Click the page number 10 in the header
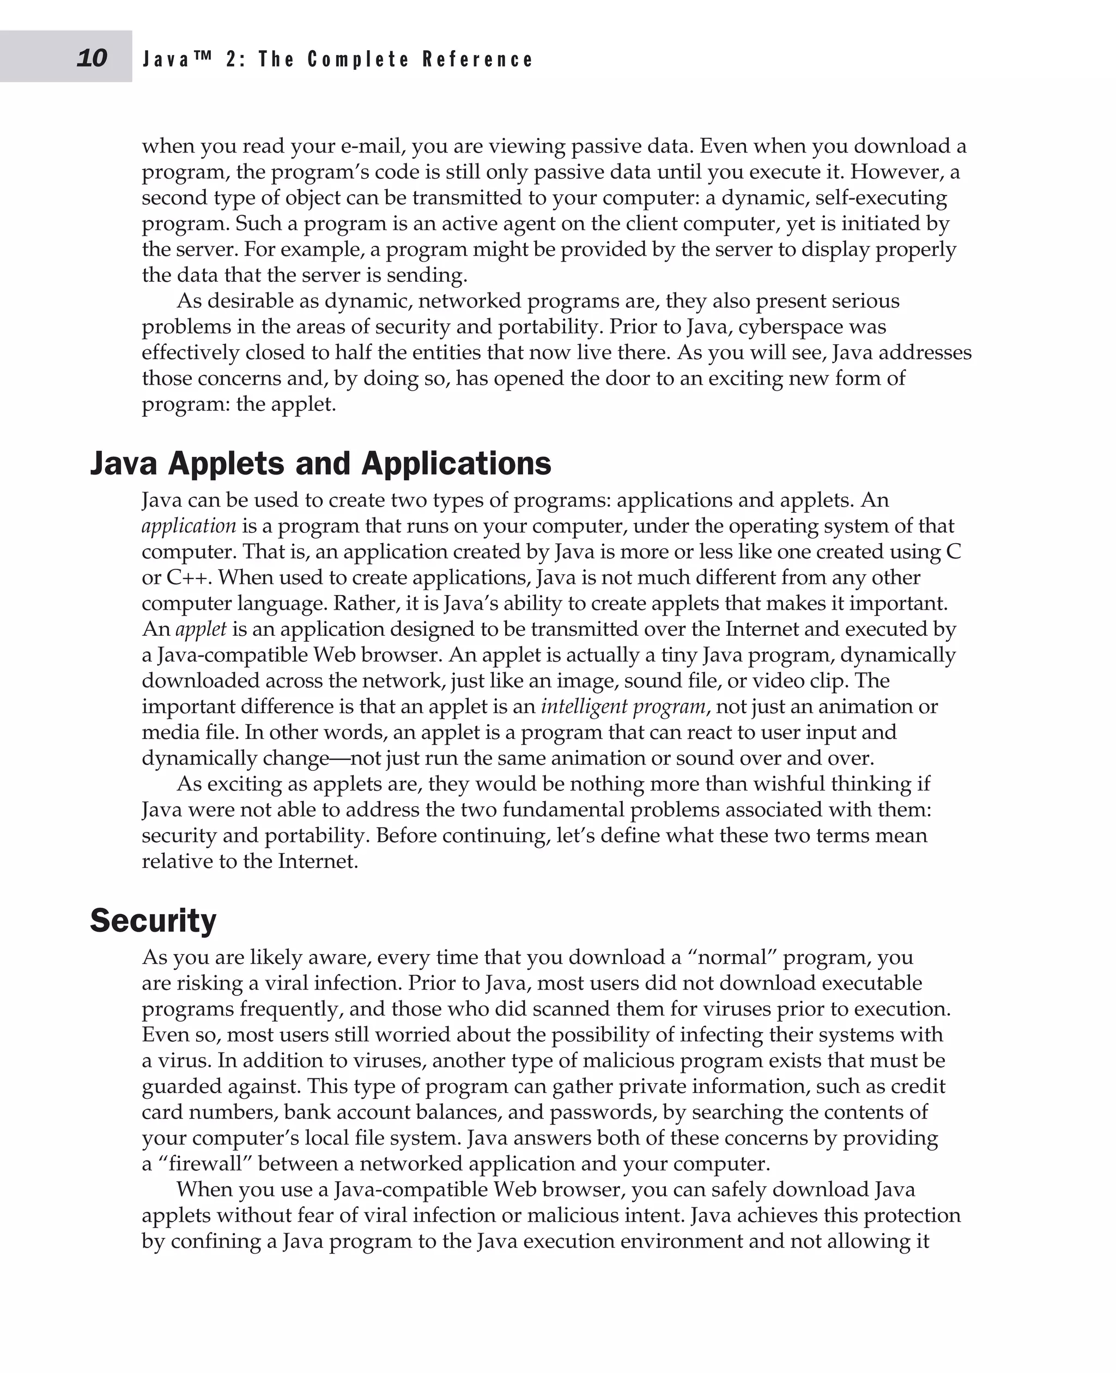92,58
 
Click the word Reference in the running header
478,60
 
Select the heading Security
153,920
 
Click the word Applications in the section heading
457,464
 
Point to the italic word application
189,526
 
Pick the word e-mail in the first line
372,147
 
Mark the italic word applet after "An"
201,629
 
